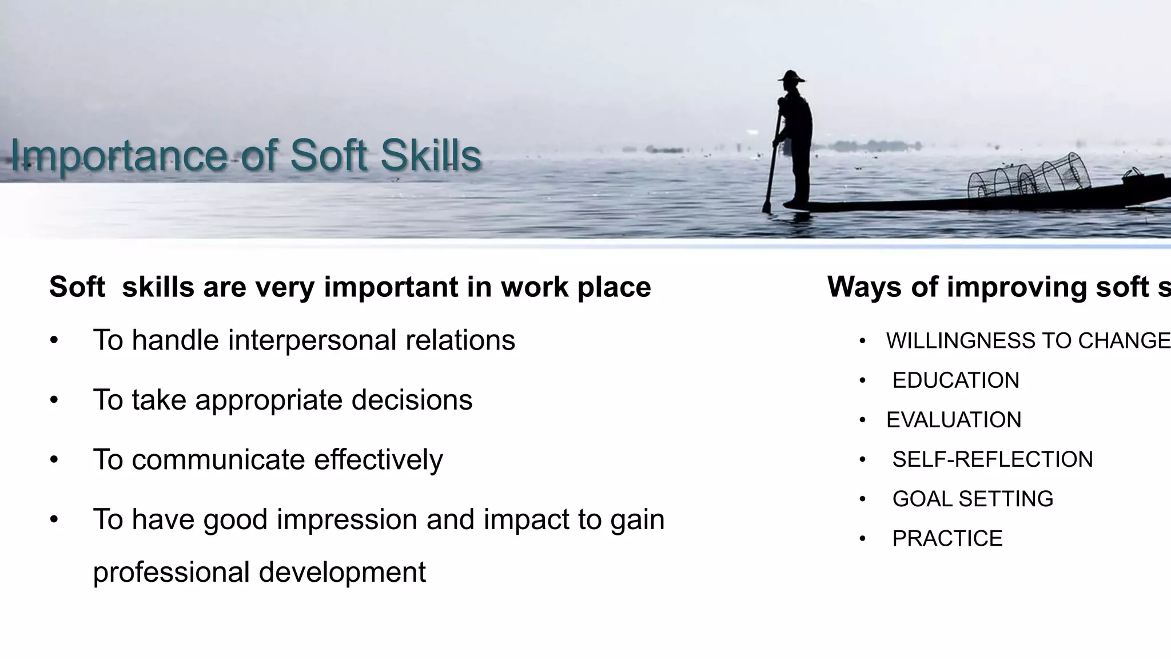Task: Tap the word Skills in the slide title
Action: pos(431,156)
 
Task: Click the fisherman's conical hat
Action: pos(791,76)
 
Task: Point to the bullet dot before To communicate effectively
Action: pos(54,459)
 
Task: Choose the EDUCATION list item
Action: pos(955,380)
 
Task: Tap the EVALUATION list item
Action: pos(953,420)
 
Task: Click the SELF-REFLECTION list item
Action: pos(992,459)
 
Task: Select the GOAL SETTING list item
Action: pos(972,499)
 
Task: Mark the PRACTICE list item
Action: pos(947,538)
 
